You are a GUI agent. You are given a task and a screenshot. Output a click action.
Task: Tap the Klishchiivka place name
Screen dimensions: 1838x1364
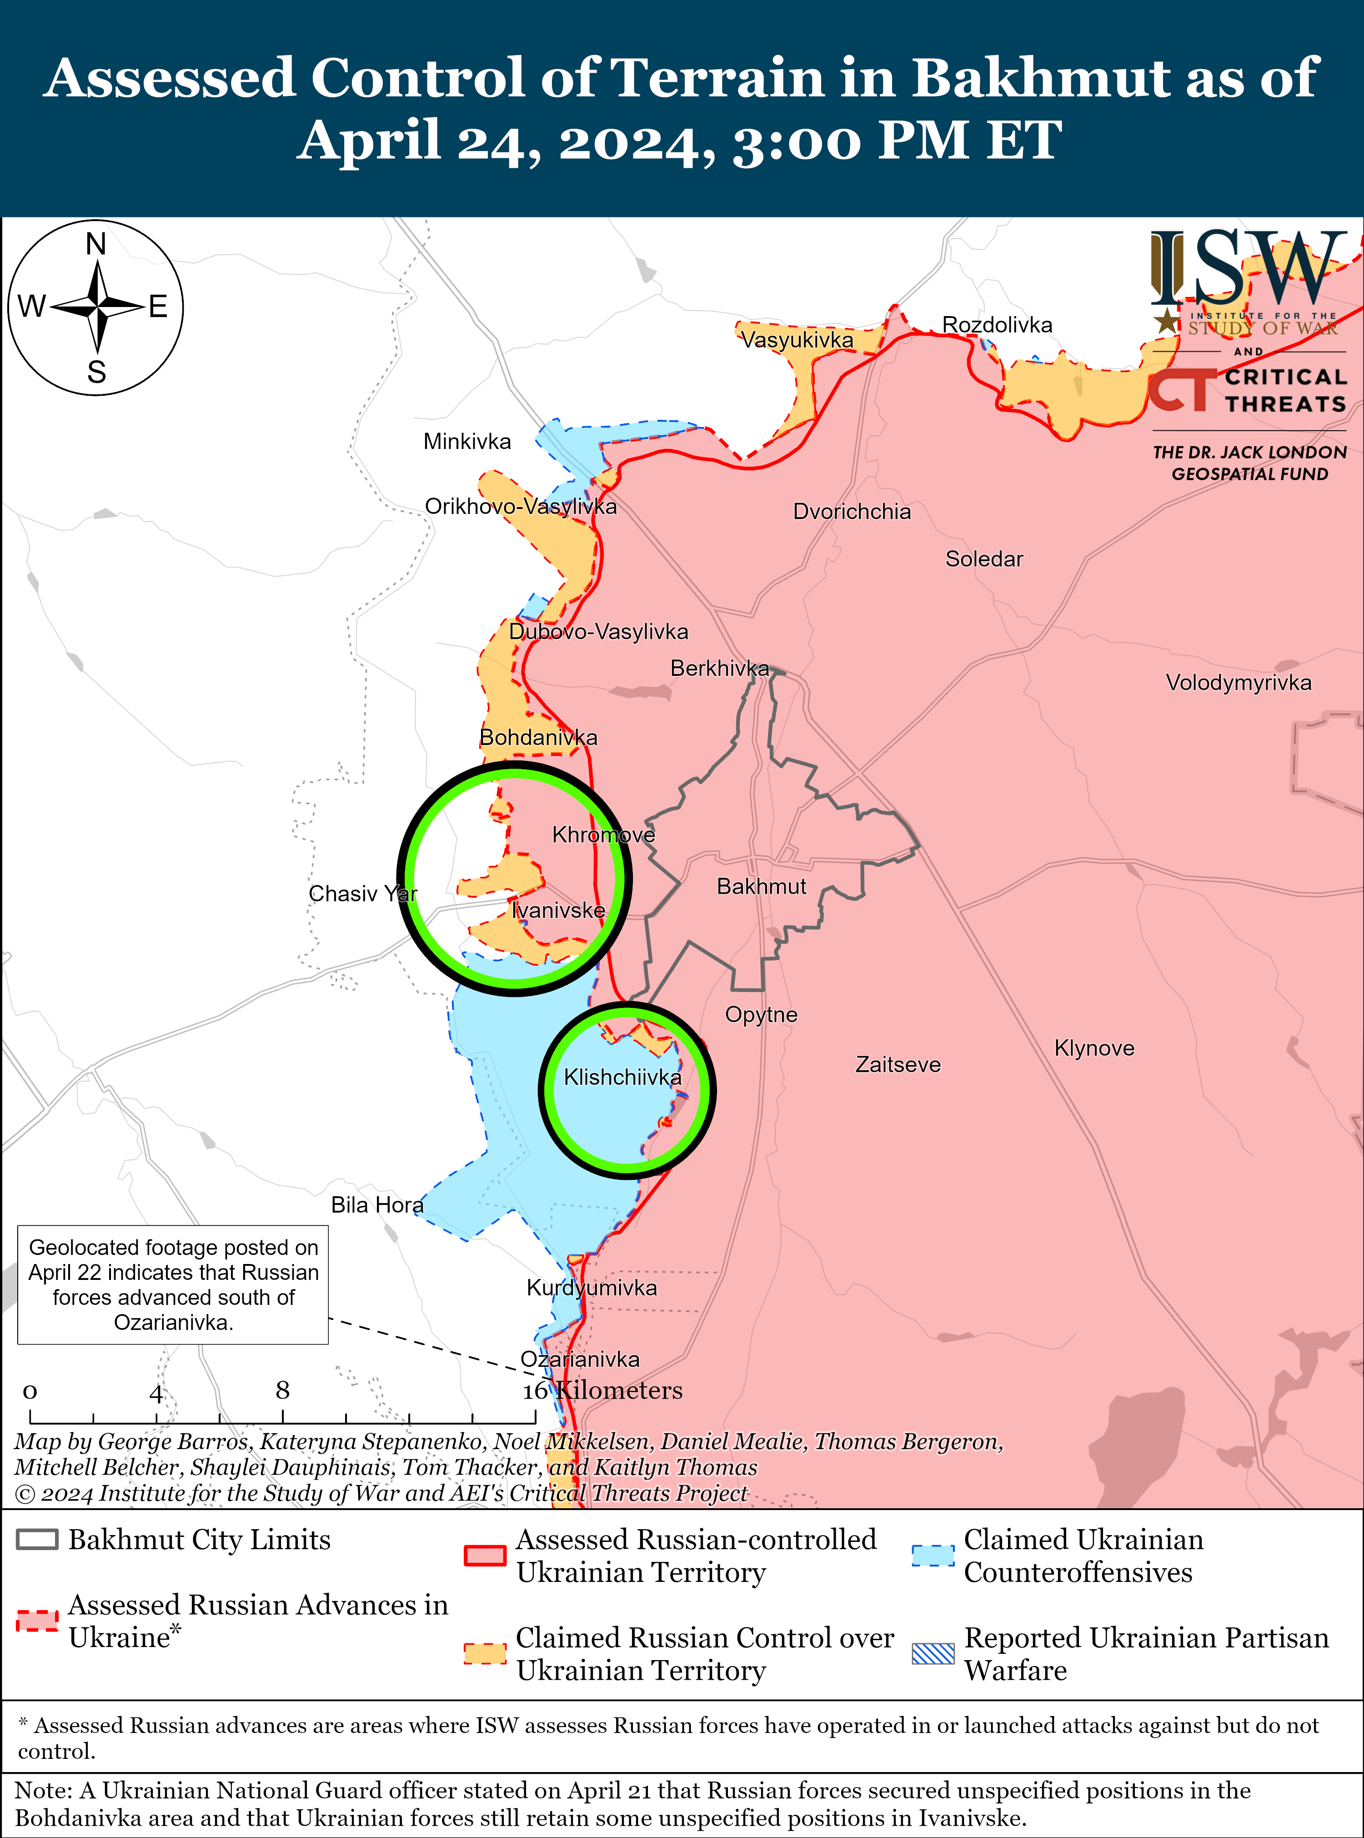pyautogui.click(x=622, y=1077)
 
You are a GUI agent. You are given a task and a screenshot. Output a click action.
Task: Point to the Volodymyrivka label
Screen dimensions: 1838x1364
pyautogui.click(x=1238, y=682)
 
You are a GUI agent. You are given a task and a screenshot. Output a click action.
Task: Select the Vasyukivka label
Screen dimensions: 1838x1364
pyautogui.click(x=796, y=339)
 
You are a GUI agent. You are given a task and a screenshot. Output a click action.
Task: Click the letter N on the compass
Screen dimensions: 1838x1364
pyautogui.click(x=96, y=245)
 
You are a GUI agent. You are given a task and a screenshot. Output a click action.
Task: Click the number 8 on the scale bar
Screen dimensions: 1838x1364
pyautogui.click(x=282, y=1390)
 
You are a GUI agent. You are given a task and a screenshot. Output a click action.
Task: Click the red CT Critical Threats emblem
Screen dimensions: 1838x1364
pyautogui.click(x=1182, y=390)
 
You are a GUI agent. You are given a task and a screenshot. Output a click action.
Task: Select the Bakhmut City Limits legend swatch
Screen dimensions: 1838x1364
pyautogui.click(x=37, y=1540)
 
